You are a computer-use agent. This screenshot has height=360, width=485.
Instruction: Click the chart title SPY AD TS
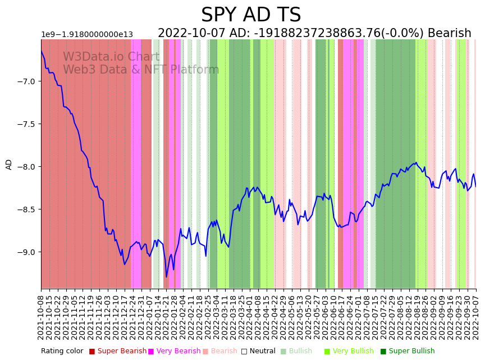(x=251, y=15)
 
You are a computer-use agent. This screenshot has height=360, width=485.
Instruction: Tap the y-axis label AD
(x=9, y=164)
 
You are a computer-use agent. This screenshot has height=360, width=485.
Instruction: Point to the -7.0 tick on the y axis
(x=26, y=81)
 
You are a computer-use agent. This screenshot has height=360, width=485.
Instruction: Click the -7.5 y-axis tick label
(x=26, y=124)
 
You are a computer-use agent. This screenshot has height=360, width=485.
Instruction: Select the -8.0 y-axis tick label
(x=26, y=167)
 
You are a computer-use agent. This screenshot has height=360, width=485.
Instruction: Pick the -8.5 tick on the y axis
(x=26, y=209)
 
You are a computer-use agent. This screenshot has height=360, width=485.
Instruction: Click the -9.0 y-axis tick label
(x=26, y=252)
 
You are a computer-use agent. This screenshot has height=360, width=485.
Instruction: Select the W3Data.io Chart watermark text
(x=111, y=57)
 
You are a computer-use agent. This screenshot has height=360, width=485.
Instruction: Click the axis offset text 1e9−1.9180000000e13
(x=87, y=35)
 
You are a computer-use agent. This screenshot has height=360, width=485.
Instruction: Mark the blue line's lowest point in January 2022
(x=166, y=277)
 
